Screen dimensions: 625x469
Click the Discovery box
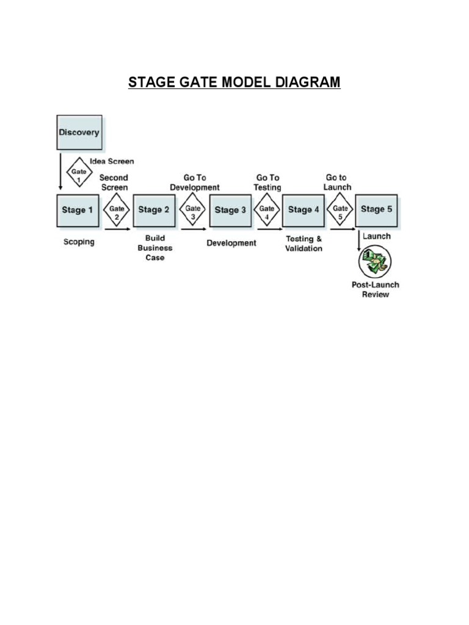pyautogui.click(x=79, y=132)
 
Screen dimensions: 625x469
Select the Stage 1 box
pyautogui.click(x=78, y=211)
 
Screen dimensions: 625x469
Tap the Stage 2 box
pyautogui.click(x=154, y=211)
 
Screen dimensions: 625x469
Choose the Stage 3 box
pyautogui.click(x=230, y=211)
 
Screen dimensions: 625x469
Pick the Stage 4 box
pyautogui.click(x=304, y=211)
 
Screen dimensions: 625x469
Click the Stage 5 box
pyautogui.click(x=376, y=211)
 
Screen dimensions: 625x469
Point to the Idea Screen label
pyautogui.click(x=112, y=162)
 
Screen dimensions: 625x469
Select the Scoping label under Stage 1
pyautogui.click(x=79, y=242)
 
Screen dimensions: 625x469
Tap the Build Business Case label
pyautogui.click(x=155, y=248)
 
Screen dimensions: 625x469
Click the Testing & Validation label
pyautogui.click(x=304, y=244)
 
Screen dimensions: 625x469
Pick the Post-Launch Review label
pyautogui.click(x=375, y=289)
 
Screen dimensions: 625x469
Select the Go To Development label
pyautogui.click(x=195, y=182)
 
